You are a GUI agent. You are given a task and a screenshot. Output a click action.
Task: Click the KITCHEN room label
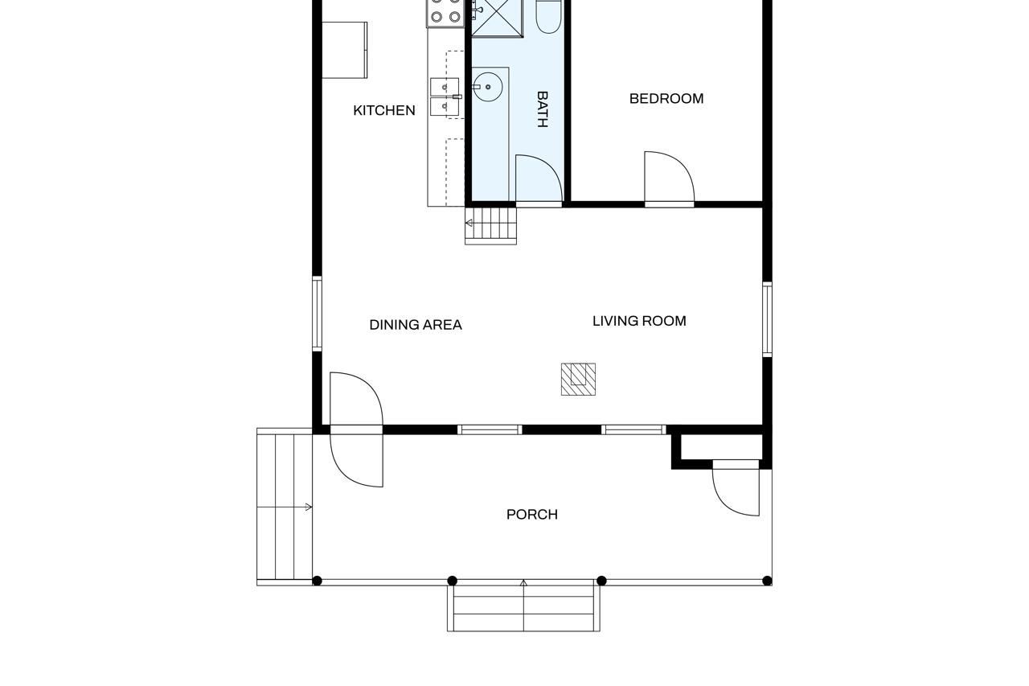(384, 111)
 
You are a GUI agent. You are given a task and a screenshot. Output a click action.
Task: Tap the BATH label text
(542, 109)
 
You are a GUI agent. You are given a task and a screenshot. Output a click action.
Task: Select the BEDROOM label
(666, 99)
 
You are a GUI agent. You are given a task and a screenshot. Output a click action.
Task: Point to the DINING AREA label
(416, 325)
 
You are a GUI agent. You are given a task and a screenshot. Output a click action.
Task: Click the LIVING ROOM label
(639, 321)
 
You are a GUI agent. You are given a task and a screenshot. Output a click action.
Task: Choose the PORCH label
(531, 515)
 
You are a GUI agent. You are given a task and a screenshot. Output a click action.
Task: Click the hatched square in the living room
(578, 379)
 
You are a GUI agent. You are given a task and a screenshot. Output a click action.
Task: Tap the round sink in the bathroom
(487, 87)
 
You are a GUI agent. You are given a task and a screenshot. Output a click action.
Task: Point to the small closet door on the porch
(736, 489)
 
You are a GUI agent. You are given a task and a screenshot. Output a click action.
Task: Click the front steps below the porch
(523, 607)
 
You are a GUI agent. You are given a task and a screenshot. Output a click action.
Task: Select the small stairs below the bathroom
(490, 225)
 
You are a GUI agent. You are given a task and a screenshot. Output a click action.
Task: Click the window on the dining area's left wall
(318, 314)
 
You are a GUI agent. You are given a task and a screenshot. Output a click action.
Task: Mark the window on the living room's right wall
(767, 319)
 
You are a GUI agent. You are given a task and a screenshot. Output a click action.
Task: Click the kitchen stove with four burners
(445, 11)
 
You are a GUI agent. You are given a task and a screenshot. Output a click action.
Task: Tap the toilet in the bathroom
(549, 16)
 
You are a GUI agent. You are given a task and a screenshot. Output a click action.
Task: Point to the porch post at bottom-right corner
(767, 581)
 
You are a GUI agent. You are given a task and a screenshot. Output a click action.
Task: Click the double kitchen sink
(445, 97)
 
